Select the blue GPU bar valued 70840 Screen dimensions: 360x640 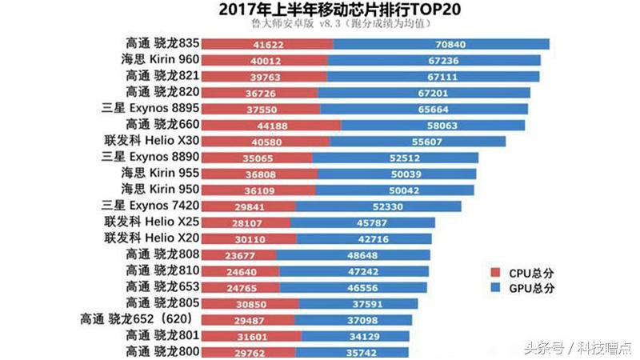tap(441, 44)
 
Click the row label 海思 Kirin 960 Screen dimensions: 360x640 tap(158, 60)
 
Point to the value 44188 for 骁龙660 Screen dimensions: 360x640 tap(270, 125)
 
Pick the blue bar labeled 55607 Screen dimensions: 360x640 tap(418, 142)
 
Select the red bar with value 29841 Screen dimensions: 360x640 tap(248, 206)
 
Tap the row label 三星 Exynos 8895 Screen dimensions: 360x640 tap(150, 109)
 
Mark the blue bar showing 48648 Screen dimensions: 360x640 tap(353, 255)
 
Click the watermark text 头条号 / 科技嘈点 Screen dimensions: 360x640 tap(577, 347)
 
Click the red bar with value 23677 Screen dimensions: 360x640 tap(238, 255)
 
